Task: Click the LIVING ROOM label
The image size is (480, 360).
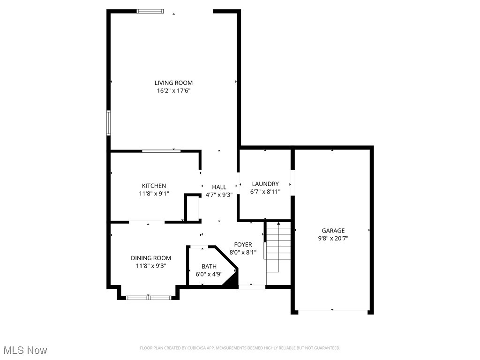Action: click(x=173, y=83)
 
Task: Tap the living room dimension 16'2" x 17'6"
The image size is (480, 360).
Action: click(x=173, y=90)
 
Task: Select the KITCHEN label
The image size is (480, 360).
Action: click(x=154, y=186)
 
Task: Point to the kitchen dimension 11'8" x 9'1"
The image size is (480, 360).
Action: click(x=154, y=193)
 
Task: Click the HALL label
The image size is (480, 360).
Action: click(x=219, y=187)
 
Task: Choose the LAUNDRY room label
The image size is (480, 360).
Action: click(x=265, y=184)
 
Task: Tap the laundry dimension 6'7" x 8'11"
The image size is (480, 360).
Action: click(x=265, y=191)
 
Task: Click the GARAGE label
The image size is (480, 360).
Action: click(x=333, y=231)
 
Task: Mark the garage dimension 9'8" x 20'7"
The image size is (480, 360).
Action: click(x=333, y=238)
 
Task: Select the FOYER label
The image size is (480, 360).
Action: click(x=243, y=245)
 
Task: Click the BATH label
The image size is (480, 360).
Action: click(x=209, y=267)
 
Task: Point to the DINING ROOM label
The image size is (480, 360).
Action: click(x=150, y=258)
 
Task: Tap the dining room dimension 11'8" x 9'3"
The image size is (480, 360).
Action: click(x=150, y=265)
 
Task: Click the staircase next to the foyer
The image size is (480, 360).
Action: click(x=278, y=246)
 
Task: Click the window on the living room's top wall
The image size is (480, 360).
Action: click(x=150, y=11)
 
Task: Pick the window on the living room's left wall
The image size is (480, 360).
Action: click(x=108, y=123)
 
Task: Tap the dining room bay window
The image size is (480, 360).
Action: click(x=149, y=297)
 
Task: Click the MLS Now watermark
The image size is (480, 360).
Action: click(x=25, y=350)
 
